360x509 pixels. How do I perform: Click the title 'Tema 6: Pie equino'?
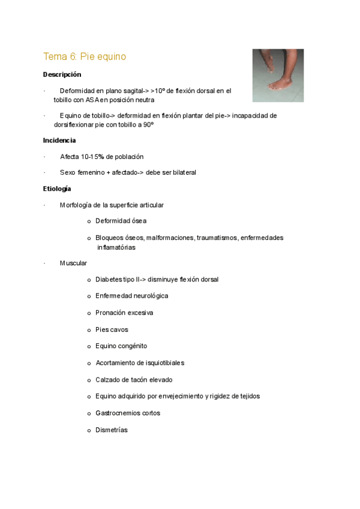pyautogui.click(x=85, y=57)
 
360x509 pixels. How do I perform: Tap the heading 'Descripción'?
pyautogui.click(x=62, y=75)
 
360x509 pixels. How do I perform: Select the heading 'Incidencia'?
pyautogui.click(x=59, y=140)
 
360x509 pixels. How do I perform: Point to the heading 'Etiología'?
pyautogui.click(x=57, y=189)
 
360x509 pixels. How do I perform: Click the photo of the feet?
pyautogui.click(x=277, y=70)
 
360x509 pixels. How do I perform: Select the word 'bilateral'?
pyautogui.click(x=182, y=173)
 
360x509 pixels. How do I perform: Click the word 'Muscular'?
pyautogui.click(x=73, y=264)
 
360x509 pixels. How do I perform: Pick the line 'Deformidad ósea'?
pyautogui.click(x=121, y=221)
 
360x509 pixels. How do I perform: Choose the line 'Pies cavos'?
pyautogui.click(x=112, y=330)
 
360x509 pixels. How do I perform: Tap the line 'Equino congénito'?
pyautogui.click(x=121, y=346)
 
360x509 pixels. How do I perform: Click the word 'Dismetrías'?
pyautogui.click(x=112, y=430)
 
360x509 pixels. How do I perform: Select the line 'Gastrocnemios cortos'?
pyautogui.click(x=128, y=413)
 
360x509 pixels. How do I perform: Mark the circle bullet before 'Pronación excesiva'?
pyautogui.click(x=89, y=313)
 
